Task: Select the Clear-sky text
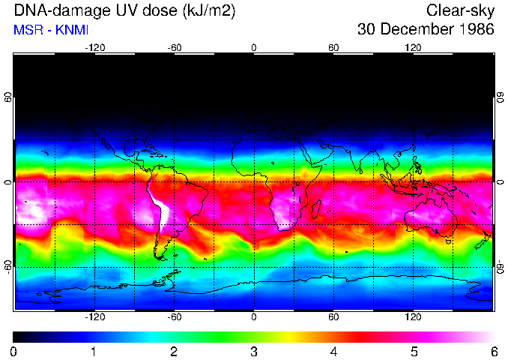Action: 460,10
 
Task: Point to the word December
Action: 414,30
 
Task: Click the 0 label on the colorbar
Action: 14,351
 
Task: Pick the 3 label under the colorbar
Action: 253,351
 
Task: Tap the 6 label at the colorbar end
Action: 493,351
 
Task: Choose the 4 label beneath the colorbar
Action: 333,351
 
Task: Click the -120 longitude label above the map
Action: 94,47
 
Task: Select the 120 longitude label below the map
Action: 414,317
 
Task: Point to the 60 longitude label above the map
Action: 333,47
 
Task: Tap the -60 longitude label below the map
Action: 174,317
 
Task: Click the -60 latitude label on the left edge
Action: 8,267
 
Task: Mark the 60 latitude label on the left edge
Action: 8,97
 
